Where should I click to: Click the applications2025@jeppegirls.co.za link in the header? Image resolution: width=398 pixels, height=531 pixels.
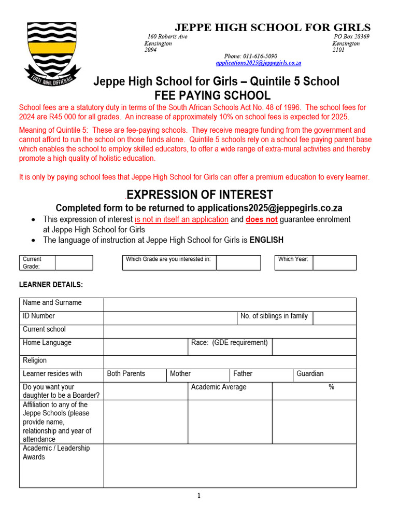[x=258, y=63]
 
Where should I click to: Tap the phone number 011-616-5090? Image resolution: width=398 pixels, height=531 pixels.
[x=251, y=56]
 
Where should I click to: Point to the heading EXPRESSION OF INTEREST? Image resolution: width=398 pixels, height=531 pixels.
[x=200, y=195]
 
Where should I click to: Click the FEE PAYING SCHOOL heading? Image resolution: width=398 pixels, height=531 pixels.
[x=212, y=95]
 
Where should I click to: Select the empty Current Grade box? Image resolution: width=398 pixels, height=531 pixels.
[x=74, y=263]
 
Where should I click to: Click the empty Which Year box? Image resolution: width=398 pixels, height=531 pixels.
[x=334, y=263]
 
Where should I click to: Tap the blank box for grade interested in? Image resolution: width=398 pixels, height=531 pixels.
[x=238, y=263]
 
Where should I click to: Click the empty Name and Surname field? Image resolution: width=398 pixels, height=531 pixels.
[x=230, y=304]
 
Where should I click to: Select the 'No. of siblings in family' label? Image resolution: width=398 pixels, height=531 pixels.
[x=274, y=316]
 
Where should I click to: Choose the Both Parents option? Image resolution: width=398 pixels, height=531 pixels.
[x=126, y=374]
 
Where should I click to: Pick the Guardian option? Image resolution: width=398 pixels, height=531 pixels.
[x=310, y=374]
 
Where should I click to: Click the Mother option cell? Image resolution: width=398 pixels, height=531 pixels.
[x=180, y=374]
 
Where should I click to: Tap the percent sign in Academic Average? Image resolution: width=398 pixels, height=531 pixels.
[x=331, y=387]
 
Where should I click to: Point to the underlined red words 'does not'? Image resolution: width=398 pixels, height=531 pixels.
[x=261, y=219]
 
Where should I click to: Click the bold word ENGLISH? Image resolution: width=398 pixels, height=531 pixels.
[x=266, y=240]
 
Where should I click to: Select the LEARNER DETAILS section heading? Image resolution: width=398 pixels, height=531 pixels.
[x=51, y=285]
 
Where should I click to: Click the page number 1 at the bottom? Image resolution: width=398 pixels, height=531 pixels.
[x=198, y=496]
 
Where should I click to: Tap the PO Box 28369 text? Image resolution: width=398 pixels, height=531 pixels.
[x=351, y=37]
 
